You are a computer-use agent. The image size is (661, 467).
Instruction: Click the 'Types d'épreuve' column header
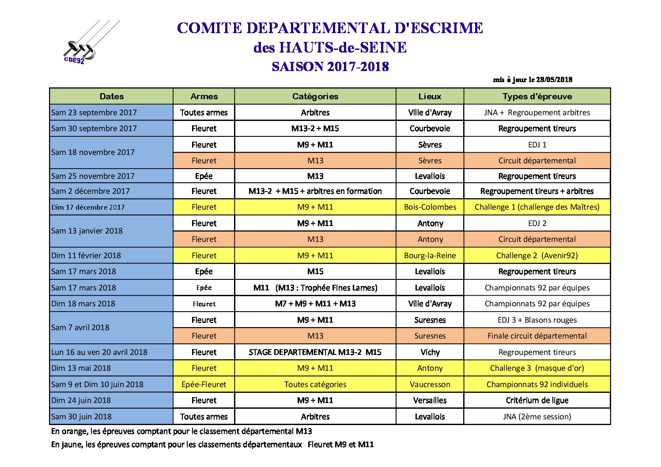coord(537,96)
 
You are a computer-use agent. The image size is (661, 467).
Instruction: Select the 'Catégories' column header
coord(315,96)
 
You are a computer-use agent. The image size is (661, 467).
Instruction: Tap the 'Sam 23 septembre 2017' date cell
coord(94,113)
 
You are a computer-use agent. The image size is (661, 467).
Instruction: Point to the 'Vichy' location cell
coord(430,352)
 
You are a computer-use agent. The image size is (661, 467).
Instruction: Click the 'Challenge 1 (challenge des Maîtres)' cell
coord(537,207)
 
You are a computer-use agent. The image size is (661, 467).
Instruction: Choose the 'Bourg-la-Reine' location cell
coord(430,256)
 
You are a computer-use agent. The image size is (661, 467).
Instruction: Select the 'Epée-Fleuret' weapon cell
coord(204,384)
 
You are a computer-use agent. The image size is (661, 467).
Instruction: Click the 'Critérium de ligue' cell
coord(537,400)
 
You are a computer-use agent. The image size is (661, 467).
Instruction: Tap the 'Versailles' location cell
coord(430,400)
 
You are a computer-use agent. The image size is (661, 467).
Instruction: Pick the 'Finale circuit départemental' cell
coord(537,336)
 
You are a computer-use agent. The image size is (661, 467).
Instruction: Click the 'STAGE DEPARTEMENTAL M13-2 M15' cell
coord(315,352)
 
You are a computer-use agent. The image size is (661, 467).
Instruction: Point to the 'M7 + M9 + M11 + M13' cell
coord(315,304)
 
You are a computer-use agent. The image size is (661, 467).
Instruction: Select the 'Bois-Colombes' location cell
coord(430,207)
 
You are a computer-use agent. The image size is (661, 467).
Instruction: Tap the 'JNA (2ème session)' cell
coord(537,417)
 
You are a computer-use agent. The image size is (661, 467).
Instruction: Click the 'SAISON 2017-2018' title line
coord(330,67)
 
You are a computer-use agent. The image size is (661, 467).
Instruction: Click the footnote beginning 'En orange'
coord(181,431)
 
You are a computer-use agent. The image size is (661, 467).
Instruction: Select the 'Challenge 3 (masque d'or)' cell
coord(537,368)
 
